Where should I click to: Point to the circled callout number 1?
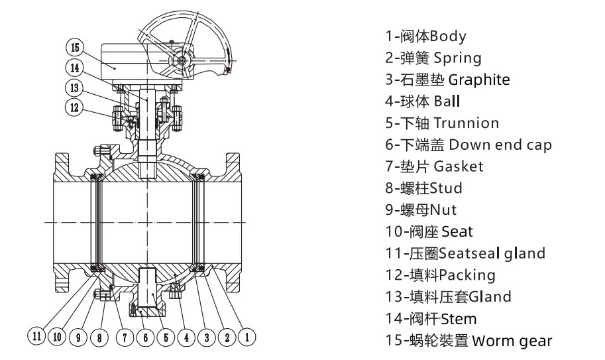pos(247,337)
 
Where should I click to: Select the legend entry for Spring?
pos(433,58)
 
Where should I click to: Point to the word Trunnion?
pos(467,123)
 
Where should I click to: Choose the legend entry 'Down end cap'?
pos(505,145)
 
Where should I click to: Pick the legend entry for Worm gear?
pos(513,341)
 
